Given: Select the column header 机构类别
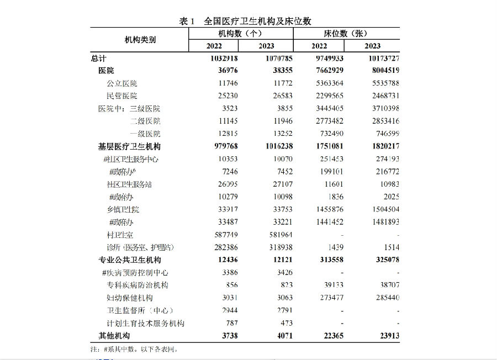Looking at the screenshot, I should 140,40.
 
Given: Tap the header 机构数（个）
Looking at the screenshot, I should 240,34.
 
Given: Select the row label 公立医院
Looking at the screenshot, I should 121,83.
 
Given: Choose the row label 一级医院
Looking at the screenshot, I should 145,134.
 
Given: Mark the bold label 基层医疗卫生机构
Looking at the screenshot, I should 129,146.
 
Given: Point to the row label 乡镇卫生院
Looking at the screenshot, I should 123,210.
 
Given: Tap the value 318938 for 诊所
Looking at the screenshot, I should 278,247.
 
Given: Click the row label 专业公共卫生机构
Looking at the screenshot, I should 129,260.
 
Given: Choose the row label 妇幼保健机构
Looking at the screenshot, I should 129,298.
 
